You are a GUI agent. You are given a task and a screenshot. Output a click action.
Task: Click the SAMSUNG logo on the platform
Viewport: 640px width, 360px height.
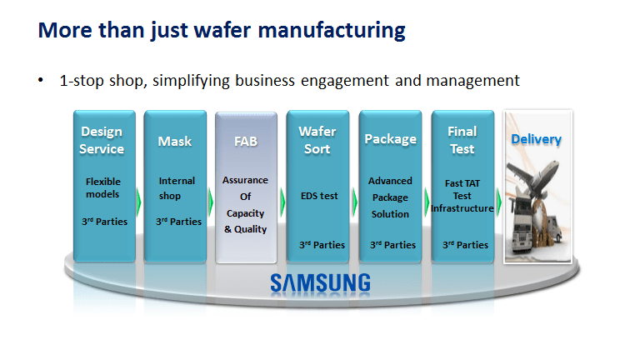click(x=320, y=282)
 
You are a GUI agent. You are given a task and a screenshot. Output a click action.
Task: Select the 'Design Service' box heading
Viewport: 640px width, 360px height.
click(x=102, y=140)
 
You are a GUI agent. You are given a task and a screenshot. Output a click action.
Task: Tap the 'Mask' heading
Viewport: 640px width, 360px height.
click(x=175, y=142)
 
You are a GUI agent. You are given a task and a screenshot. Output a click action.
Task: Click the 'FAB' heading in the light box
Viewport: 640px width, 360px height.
click(x=245, y=141)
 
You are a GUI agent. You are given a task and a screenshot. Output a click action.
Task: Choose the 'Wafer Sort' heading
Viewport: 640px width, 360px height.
click(x=317, y=140)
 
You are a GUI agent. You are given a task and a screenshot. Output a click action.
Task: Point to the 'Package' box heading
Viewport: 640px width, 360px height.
click(x=390, y=139)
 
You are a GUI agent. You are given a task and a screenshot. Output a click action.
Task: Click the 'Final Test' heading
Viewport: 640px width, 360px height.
click(x=462, y=140)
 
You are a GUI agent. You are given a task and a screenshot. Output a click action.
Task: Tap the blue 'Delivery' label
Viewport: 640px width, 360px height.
click(x=536, y=139)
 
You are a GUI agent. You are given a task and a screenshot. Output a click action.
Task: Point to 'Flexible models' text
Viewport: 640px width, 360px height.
click(x=103, y=187)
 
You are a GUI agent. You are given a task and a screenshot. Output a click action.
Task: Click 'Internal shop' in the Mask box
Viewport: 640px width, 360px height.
click(x=177, y=187)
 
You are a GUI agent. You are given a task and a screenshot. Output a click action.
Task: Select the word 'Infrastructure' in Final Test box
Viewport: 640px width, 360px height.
click(x=462, y=208)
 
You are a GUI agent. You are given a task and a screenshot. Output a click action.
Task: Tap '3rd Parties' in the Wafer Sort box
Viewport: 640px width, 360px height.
click(x=322, y=245)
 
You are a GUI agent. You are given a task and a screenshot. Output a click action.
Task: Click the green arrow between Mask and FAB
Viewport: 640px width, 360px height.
click(x=211, y=201)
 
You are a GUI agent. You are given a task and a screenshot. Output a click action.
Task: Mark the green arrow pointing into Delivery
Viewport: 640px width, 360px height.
click(x=498, y=201)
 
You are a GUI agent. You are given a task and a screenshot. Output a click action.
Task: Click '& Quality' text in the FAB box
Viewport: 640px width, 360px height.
click(x=245, y=229)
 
